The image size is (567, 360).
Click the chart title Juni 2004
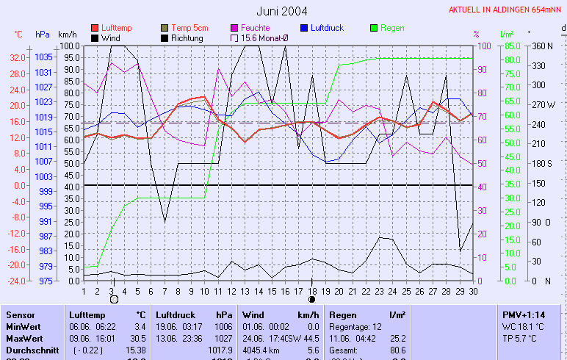(282, 11)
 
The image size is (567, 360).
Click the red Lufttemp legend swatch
(95, 28)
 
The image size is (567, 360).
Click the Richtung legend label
(187, 37)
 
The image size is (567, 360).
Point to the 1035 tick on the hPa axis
(43, 57)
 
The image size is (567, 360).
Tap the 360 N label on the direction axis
(542, 46)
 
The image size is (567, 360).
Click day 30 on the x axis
(473, 290)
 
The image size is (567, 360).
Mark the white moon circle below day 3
(113, 299)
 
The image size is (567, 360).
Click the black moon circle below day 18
(312, 299)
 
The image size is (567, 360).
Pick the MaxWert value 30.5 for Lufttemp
(137, 338)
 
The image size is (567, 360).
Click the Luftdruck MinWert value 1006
(223, 326)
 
